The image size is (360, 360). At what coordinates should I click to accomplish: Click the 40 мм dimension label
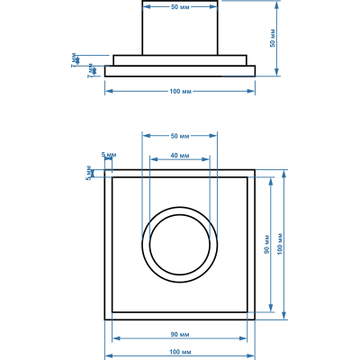[180, 156]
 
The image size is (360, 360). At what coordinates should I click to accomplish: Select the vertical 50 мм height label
[273, 38]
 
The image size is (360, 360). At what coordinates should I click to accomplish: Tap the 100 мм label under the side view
[180, 91]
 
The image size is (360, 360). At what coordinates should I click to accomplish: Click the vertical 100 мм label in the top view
[280, 244]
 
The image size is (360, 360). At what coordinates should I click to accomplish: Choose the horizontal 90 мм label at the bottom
[180, 334]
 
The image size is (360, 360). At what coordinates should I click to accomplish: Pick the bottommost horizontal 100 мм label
[180, 352]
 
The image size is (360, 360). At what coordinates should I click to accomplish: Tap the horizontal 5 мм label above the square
[109, 155]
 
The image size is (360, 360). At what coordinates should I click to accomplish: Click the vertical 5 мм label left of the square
[89, 173]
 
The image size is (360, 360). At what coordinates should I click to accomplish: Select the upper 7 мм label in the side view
[75, 60]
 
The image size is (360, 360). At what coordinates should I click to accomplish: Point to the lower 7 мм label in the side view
[91, 71]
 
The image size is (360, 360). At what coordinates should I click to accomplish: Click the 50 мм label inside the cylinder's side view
[180, 7]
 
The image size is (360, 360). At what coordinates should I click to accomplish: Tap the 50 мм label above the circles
[180, 136]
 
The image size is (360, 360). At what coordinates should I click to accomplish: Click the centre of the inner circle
[180, 245]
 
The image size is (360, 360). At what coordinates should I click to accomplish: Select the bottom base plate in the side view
[180, 71]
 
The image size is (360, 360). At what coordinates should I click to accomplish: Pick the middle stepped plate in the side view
[180, 60]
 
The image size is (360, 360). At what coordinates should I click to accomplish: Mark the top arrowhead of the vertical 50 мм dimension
[276, 4]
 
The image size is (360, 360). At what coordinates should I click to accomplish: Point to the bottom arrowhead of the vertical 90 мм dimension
[271, 308]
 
